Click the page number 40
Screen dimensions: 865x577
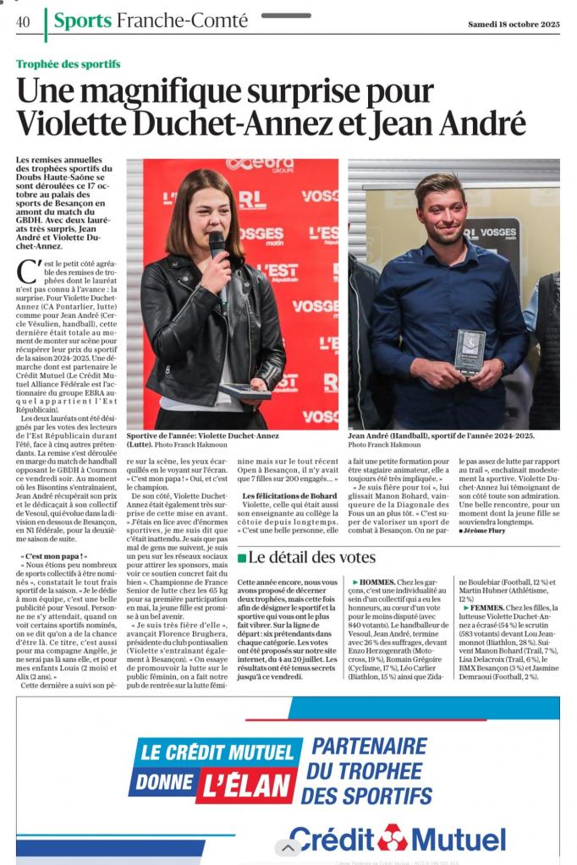pos(23,22)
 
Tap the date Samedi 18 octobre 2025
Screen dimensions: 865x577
pos(514,24)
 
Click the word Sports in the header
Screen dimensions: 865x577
pos(82,21)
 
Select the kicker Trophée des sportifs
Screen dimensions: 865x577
pos(68,64)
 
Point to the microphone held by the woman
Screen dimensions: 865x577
pos(217,246)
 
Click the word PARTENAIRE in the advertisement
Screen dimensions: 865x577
pos(369,747)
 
